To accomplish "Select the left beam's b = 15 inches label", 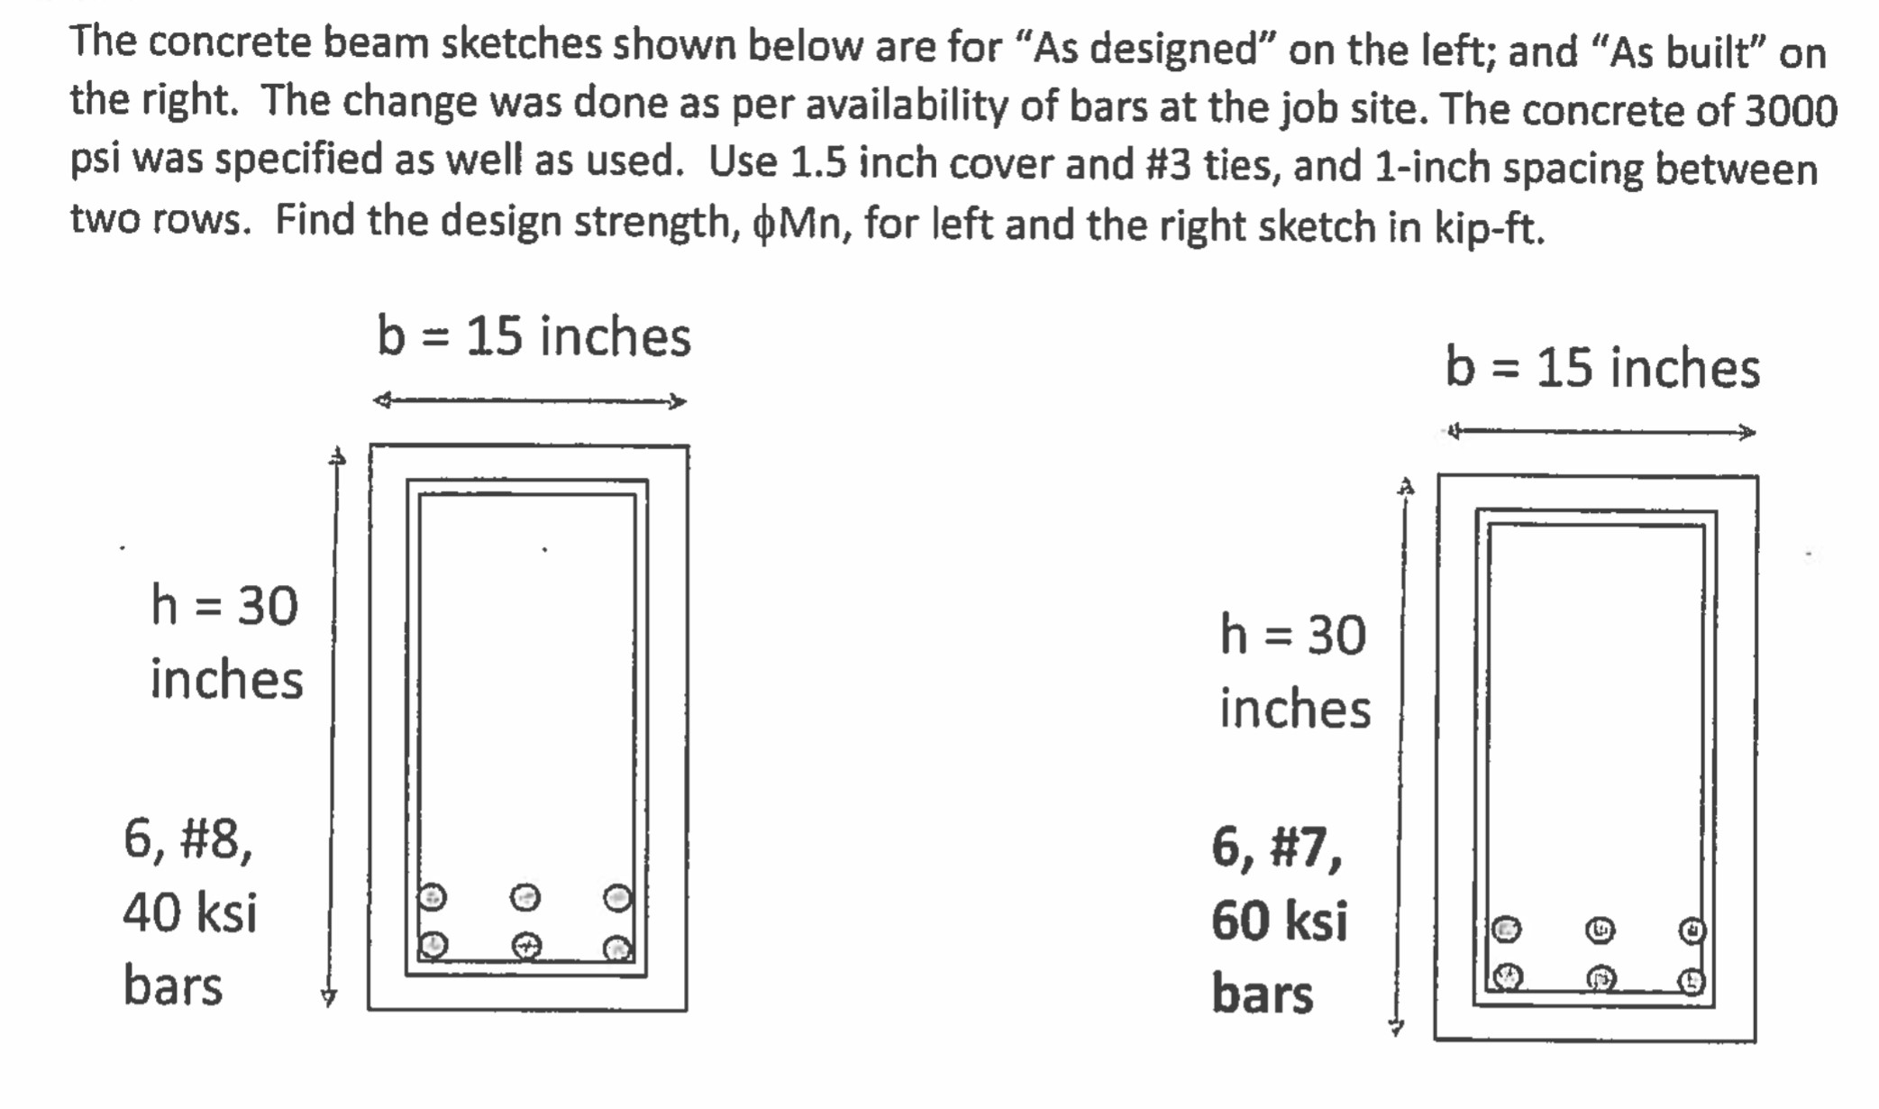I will [534, 336].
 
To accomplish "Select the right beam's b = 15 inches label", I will [1602, 368].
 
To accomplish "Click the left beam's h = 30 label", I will [224, 605].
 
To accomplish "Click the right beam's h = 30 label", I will [1293, 635].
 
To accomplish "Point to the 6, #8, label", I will [188, 839].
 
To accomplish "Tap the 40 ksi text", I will [190, 912].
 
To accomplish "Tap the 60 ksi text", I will [1280, 921].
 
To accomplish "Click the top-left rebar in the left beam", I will [433, 897].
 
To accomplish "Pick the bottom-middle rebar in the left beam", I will [526, 946].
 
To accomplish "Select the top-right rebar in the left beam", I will [618, 898].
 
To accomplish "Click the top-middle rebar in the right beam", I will [1600, 930].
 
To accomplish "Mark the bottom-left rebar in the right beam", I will [1508, 976].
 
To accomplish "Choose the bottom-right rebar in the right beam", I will [1692, 981].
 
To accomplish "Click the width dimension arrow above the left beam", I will [530, 401].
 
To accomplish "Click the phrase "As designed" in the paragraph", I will [1145, 49].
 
